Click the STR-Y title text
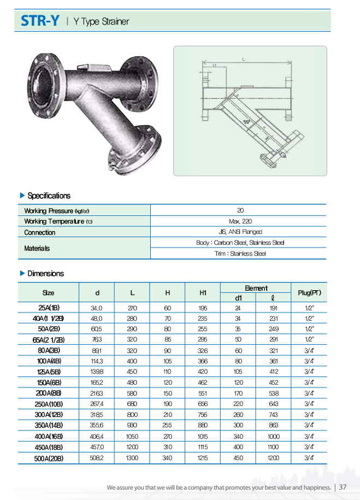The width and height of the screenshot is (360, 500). [40, 21]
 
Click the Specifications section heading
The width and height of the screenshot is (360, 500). [49, 196]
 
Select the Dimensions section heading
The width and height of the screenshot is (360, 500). [45, 273]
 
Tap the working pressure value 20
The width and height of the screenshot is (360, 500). [240, 210]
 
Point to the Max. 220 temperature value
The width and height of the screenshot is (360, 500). [240, 221]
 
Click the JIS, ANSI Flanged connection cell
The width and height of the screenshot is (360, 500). [240, 232]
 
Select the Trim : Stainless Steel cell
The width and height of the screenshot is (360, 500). [240, 254]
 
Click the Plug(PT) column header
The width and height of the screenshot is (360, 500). [309, 293]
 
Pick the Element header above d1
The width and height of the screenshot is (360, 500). [256, 288]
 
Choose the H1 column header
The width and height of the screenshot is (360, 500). [203, 293]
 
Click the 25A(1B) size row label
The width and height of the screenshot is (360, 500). [48, 308]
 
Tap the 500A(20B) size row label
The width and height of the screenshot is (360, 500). [48, 458]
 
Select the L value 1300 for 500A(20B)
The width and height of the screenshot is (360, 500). [132, 458]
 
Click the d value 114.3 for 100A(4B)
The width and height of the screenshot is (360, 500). [97, 361]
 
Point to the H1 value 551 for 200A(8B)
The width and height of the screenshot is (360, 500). [203, 393]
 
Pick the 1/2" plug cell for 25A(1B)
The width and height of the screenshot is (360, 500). [309, 308]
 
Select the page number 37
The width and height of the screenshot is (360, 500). [343, 487]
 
